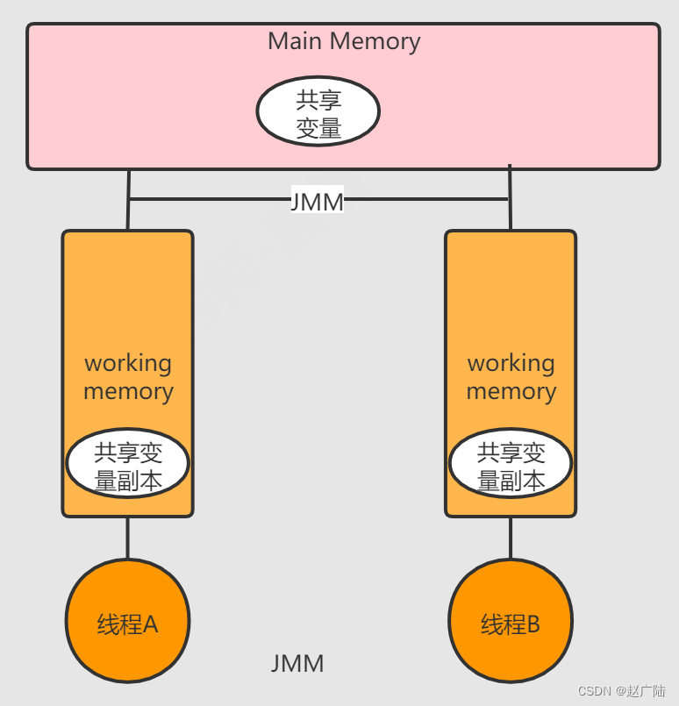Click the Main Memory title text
pyautogui.click(x=344, y=41)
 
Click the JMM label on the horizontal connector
pyautogui.click(x=318, y=202)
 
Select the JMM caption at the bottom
pyautogui.click(x=297, y=664)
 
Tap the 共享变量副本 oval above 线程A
pyautogui.click(x=128, y=465)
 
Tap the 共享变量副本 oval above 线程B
pyautogui.click(x=511, y=465)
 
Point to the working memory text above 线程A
pyautogui.click(x=128, y=377)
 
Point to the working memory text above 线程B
pyautogui.click(x=511, y=377)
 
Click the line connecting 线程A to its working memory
pyautogui.click(x=128, y=538)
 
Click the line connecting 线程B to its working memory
pyautogui.click(x=511, y=538)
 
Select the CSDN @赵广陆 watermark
pyautogui.click(x=621, y=690)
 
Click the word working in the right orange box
pyautogui.click(x=511, y=363)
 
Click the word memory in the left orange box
pyautogui.click(x=128, y=391)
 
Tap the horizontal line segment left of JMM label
pyautogui.click(x=211, y=200)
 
